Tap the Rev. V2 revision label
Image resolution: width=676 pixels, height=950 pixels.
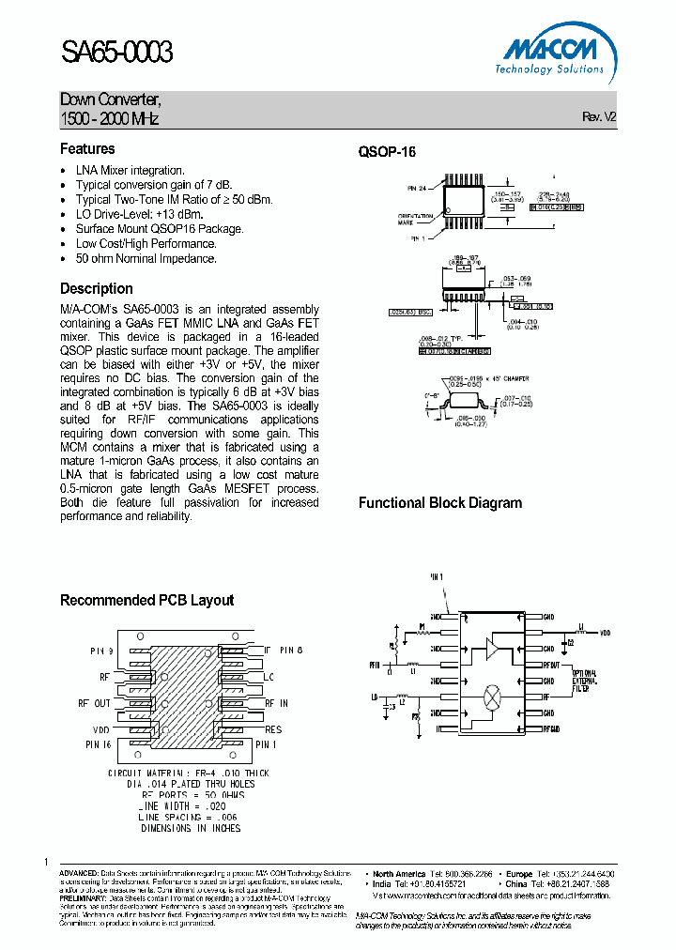click(599, 117)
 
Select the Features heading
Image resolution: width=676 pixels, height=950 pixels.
click(87, 149)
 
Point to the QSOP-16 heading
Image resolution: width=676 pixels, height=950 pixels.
click(387, 152)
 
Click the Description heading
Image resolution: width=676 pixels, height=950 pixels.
click(97, 289)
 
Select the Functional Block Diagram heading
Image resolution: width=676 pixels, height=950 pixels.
click(439, 503)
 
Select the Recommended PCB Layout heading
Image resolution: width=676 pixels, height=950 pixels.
click(146, 601)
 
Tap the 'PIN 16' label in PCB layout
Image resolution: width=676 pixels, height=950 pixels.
click(100, 743)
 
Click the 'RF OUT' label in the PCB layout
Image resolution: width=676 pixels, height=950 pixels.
click(94, 703)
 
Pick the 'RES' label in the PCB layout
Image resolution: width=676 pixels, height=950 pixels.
click(273, 728)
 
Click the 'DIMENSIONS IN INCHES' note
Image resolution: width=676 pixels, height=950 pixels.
click(191, 828)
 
